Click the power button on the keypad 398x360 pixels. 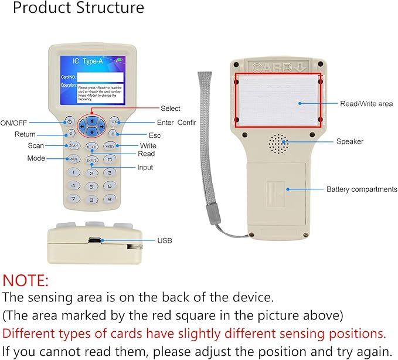pyautogui.click(x=69, y=122)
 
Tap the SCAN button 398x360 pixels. pyautogui.click(x=73, y=145)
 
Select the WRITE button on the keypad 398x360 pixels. pyautogui.click(x=110, y=145)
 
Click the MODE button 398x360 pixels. pyautogui.click(x=73, y=159)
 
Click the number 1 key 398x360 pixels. pyautogui.click(x=73, y=172)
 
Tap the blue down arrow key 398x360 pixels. pyautogui.click(x=91, y=132)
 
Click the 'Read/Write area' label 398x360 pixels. pyautogui.click(x=366, y=104)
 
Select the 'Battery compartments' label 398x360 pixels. pyautogui.click(x=362, y=189)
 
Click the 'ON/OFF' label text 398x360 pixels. pyautogui.click(x=14, y=123)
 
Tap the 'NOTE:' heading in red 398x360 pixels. pyautogui.click(x=26, y=280)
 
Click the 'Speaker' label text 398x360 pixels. pyautogui.click(x=349, y=141)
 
